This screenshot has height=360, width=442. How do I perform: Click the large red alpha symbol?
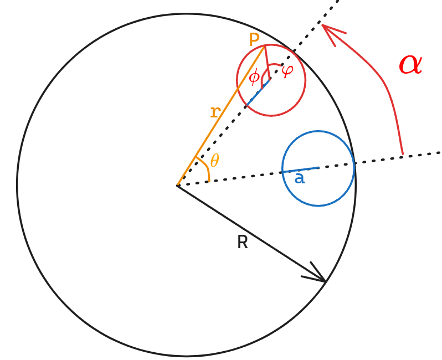[410, 65]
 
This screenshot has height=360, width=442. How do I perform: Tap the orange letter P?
[254, 40]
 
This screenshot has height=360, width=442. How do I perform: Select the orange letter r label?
[215, 112]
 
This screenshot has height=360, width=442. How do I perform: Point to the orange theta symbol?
[214, 161]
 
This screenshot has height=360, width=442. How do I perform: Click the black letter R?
[242, 242]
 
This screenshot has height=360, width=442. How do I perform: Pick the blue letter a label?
[300, 178]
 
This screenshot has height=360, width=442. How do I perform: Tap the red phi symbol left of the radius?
[254, 77]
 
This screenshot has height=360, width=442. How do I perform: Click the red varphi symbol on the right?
[287, 70]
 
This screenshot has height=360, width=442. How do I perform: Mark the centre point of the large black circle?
[178, 185]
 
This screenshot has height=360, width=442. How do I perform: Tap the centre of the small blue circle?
[318, 168]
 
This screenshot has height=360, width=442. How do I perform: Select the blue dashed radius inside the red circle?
[259, 92]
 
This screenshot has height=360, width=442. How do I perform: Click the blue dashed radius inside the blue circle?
[300, 170]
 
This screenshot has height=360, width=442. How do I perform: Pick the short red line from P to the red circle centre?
[268, 63]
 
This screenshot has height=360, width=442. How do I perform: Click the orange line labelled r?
[222, 115]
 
